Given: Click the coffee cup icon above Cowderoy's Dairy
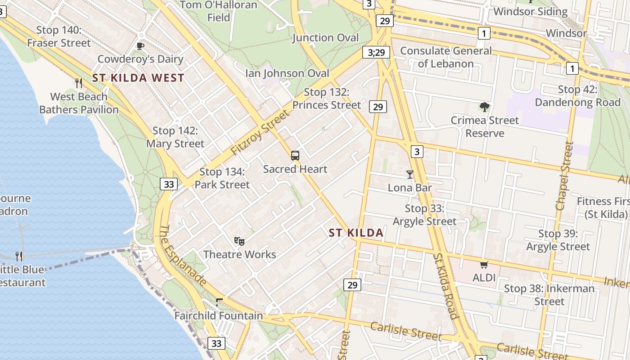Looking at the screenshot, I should coord(140,45).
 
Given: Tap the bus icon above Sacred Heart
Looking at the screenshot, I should coord(295,156).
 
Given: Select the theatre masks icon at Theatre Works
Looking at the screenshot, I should coord(239,241).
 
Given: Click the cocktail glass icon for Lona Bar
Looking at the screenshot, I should coord(409,175).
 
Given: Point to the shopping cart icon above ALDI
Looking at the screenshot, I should coord(484,265).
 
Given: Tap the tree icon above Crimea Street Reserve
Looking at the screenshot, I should coord(484,107).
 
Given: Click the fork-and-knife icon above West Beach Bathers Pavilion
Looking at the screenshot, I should coord(79,83).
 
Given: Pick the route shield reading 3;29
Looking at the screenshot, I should coord(376,53).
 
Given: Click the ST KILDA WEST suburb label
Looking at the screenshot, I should coord(138,78).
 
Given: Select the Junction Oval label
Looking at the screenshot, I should coord(325,37).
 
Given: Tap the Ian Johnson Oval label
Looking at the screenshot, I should coord(287,73).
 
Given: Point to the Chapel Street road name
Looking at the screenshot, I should coord(565,176).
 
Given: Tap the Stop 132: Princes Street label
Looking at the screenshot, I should coord(326,99).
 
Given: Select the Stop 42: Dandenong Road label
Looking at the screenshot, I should coord(577,96).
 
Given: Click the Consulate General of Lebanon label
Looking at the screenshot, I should coord(445,57).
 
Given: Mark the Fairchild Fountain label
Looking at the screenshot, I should coord(219,315).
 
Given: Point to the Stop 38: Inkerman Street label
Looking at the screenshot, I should coord(549,295).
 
